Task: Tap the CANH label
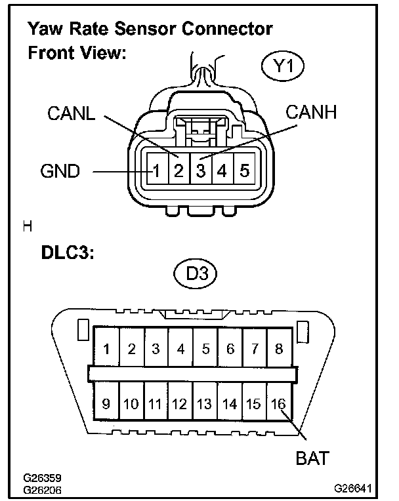[x=310, y=113]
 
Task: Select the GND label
[x=60, y=172]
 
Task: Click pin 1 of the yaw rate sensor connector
[x=156, y=172]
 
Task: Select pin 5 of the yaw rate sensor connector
[x=243, y=172]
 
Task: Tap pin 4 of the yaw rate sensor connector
[x=222, y=172]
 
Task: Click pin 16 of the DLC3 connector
[x=279, y=403]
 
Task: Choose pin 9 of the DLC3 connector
[x=106, y=403]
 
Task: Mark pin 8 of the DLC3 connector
[x=279, y=349]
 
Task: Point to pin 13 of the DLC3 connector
[x=205, y=403]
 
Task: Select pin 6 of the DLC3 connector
[x=230, y=349]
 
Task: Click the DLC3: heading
[x=60, y=254]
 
